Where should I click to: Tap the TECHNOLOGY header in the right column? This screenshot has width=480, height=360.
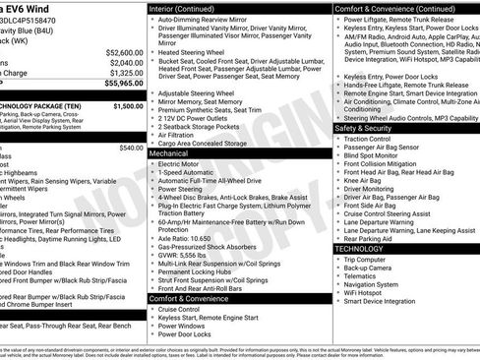(x=367, y=248)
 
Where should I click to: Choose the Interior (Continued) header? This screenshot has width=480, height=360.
(x=183, y=7)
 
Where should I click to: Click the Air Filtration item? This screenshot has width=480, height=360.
(x=184, y=134)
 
